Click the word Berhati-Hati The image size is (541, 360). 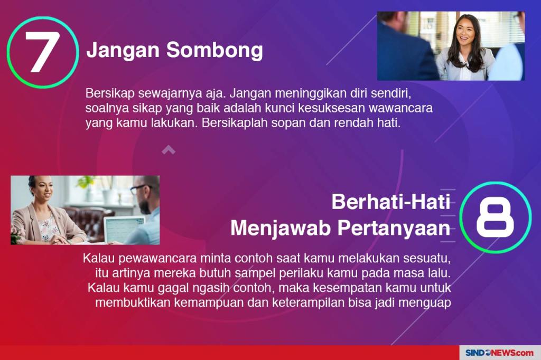tap(391, 202)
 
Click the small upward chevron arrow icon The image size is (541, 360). tap(169, 149)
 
